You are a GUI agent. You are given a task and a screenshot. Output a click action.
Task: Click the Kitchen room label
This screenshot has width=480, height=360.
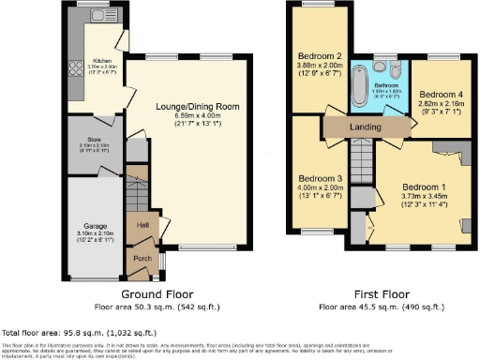point(102,60)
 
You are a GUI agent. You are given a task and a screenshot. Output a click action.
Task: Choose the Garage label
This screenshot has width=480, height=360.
point(91,225)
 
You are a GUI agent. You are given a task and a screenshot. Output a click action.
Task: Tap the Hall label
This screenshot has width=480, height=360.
point(142,225)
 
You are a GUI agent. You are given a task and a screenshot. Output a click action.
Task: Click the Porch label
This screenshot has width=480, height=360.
point(142,259)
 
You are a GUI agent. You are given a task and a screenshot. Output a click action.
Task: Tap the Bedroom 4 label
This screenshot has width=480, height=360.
point(439,95)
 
